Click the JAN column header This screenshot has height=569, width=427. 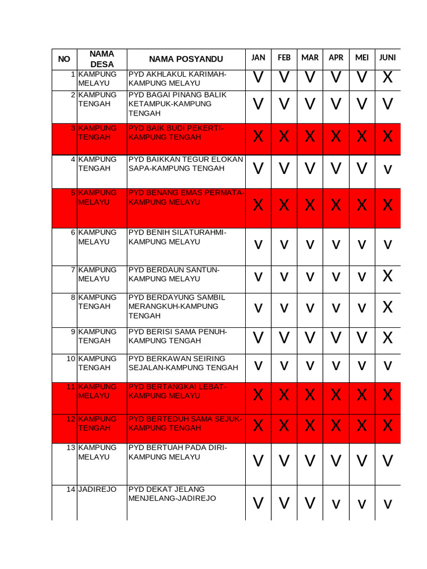pyautogui.click(x=258, y=58)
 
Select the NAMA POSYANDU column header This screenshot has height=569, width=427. pyautogui.click(x=186, y=59)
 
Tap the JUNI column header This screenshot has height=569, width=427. pyautogui.click(x=388, y=58)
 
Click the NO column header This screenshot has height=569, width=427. pyautogui.click(x=64, y=59)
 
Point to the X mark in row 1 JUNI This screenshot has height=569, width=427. pyautogui.click(x=388, y=78)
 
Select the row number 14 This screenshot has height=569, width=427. pyautogui.click(x=71, y=490)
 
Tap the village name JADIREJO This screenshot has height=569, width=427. pyautogui.click(x=97, y=490)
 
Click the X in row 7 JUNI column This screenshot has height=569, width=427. pyautogui.click(x=388, y=276)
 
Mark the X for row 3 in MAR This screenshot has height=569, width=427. pyautogui.click(x=310, y=136)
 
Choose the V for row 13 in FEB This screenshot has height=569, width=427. pyautogui.click(x=284, y=461)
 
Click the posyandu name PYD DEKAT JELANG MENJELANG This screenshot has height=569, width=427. pyautogui.click(x=172, y=494)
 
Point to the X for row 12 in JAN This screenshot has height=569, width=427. pyautogui.click(x=258, y=426)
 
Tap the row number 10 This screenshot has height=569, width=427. pyautogui.click(x=71, y=358)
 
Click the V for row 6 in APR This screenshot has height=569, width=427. pyautogui.click(x=336, y=244)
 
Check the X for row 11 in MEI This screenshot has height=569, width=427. pyautogui.click(x=361, y=395)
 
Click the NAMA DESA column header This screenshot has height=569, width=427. pyautogui.click(x=102, y=59)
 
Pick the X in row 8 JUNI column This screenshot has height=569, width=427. pyautogui.click(x=388, y=307)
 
